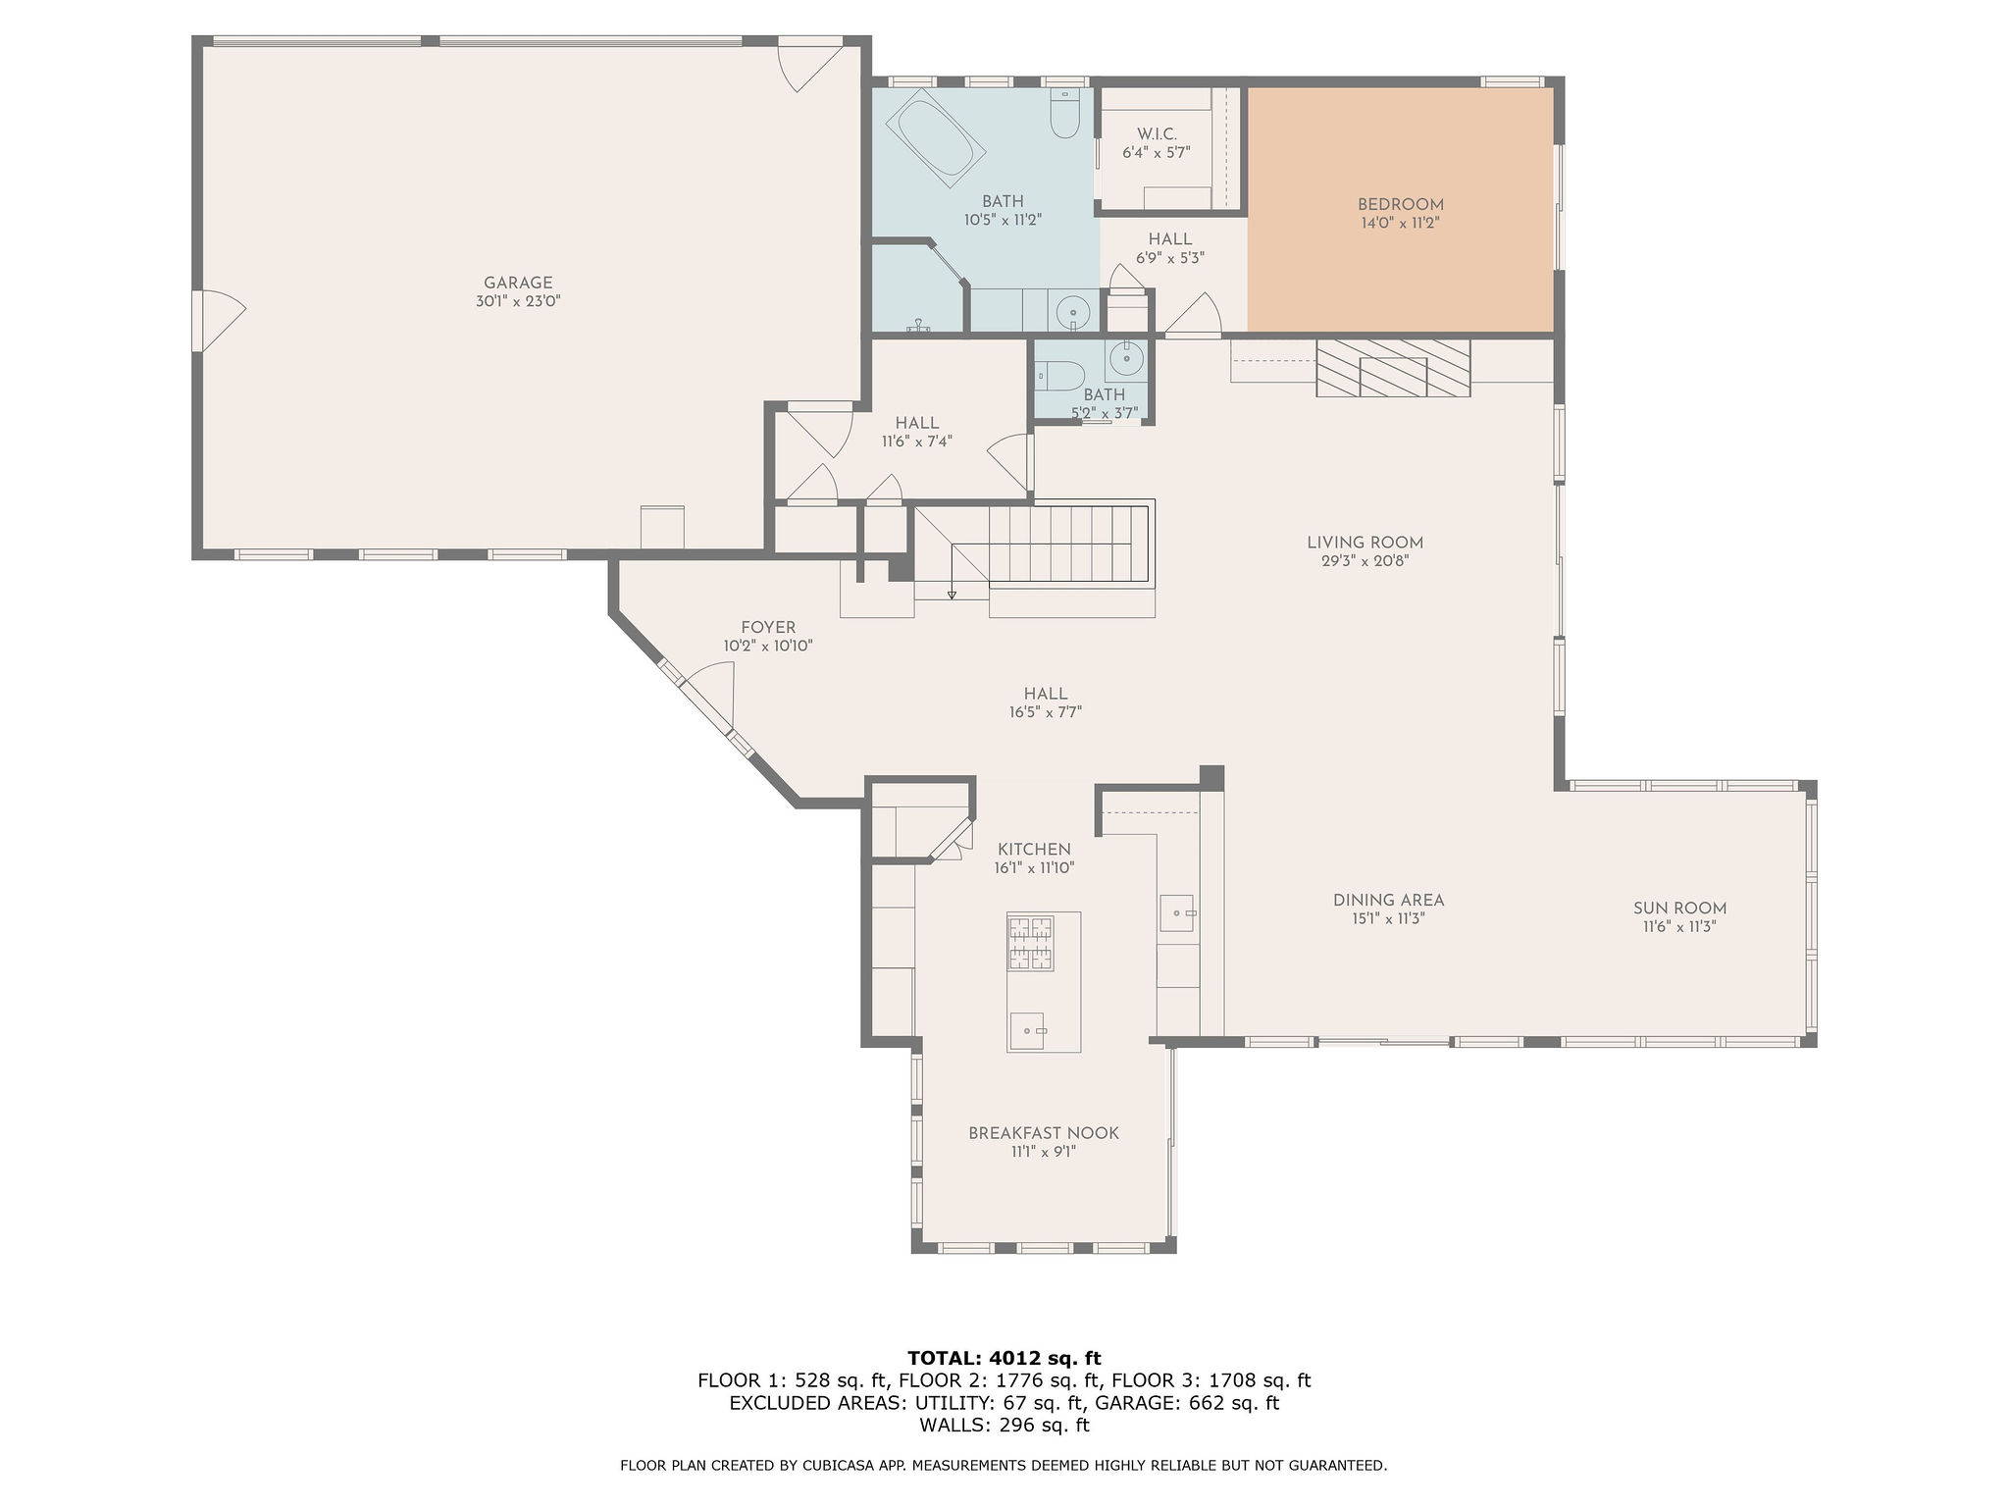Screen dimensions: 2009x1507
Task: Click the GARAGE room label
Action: (518, 283)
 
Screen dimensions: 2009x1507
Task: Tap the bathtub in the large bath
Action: (935, 138)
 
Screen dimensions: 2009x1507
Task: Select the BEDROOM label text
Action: (1400, 205)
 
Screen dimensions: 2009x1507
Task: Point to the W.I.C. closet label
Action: (1157, 133)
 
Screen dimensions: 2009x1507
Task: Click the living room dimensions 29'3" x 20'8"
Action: (1365, 561)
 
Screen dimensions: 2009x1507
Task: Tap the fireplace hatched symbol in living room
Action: (1393, 368)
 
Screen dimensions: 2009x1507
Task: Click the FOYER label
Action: (768, 628)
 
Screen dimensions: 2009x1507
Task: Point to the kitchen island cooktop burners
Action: (1030, 943)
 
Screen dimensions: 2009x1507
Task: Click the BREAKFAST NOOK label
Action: (1044, 1133)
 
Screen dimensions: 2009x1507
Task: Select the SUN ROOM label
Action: (1679, 909)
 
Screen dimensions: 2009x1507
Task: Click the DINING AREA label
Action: (1388, 900)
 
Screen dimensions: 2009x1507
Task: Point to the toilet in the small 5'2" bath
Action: (1058, 376)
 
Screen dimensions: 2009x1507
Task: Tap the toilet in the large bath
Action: (1064, 115)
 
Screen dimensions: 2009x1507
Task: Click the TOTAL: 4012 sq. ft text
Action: (1004, 1358)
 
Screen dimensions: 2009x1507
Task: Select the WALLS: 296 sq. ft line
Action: (1004, 1425)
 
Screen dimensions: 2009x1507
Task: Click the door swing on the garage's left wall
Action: (222, 320)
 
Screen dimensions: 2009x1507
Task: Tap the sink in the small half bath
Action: (1125, 360)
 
